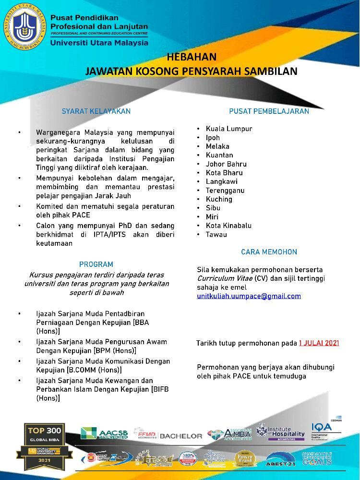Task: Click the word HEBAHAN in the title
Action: (x=192, y=57)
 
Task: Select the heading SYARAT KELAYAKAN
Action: (x=96, y=111)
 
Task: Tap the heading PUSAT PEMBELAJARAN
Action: (x=269, y=111)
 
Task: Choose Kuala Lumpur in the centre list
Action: (x=229, y=129)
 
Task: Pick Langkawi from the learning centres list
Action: (x=221, y=181)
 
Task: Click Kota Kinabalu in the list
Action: (x=228, y=226)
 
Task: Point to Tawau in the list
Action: (x=216, y=234)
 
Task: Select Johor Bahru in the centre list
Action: (x=226, y=164)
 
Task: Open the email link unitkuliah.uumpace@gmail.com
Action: (x=249, y=296)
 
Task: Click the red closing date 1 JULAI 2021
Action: (x=319, y=343)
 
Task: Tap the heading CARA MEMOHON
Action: (x=269, y=252)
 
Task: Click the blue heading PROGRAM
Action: (x=96, y=264)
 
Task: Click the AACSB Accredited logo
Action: (x=104, y=433)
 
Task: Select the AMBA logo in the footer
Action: (x=229, y=433)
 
